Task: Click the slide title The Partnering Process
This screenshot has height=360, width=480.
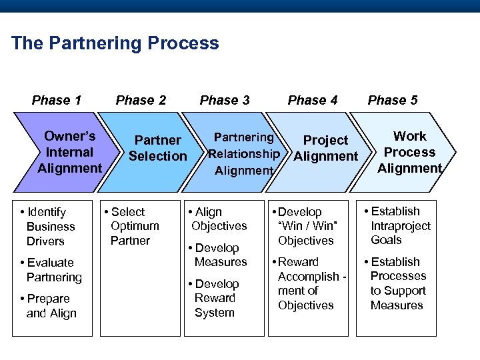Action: (115, 43)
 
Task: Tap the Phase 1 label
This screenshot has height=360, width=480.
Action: (57, 100)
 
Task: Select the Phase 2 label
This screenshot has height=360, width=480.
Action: (141, 100)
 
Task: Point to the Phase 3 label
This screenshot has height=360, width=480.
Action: (225, 100)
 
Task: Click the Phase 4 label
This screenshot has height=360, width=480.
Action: (313, 100)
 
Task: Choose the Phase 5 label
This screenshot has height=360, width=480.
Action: (393, 100)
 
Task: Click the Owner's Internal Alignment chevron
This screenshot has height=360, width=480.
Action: (69, 152)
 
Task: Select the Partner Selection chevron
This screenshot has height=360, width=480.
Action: (157, 148)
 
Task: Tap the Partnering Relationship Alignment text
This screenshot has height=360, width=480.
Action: (244, 154)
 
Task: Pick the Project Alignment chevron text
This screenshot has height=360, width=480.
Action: (325, 148)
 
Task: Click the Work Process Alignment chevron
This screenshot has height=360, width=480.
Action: (409, 152)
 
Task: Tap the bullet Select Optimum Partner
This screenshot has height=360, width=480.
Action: (132, 226)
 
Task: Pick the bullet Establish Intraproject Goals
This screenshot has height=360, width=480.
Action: (397, 225)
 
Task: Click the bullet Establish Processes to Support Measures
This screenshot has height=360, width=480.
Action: (396, 283)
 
